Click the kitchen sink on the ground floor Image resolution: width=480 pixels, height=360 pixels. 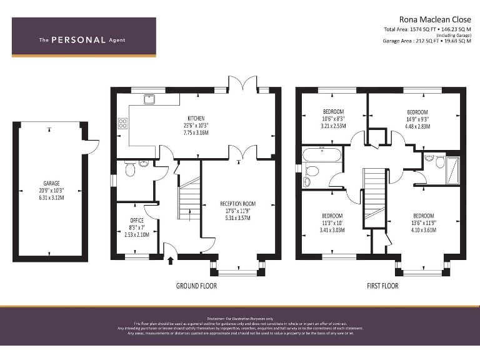click(149, 98)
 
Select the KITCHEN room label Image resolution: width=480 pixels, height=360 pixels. click(196, 118)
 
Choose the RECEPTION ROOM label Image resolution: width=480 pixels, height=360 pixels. click(237, 204)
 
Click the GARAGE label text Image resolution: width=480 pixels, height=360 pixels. click(47, 184)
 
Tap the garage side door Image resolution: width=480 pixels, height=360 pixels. click(91, 146)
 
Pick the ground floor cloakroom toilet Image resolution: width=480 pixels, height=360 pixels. click(129, 169)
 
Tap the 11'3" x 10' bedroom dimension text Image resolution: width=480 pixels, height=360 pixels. click(332, 222)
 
